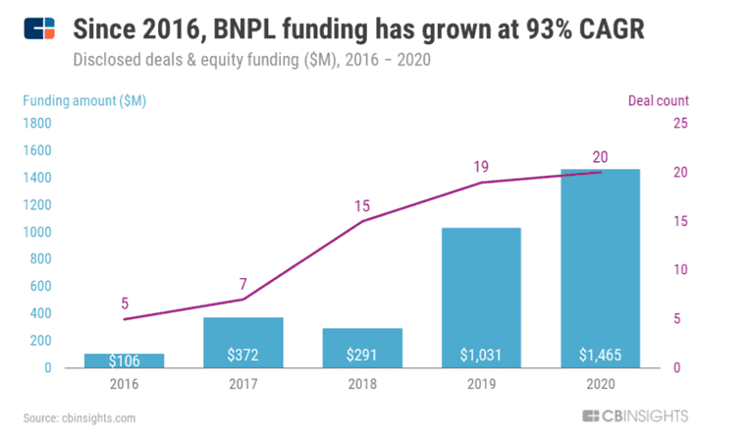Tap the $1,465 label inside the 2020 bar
(x=600, y=355)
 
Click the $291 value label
(x=362, y=355)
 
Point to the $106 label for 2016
(x=124, y=361)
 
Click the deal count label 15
(x=362, y=205)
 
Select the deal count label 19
(x=481, y=166)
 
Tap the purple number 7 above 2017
(x=242, y=283)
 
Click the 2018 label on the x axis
(x=362, y=384)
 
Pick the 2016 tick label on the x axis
(x=124, y=384)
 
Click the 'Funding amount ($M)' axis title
(x=85, y=100)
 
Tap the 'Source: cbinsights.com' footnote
(x=80, y=417)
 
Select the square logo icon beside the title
(x=39, y=31)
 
